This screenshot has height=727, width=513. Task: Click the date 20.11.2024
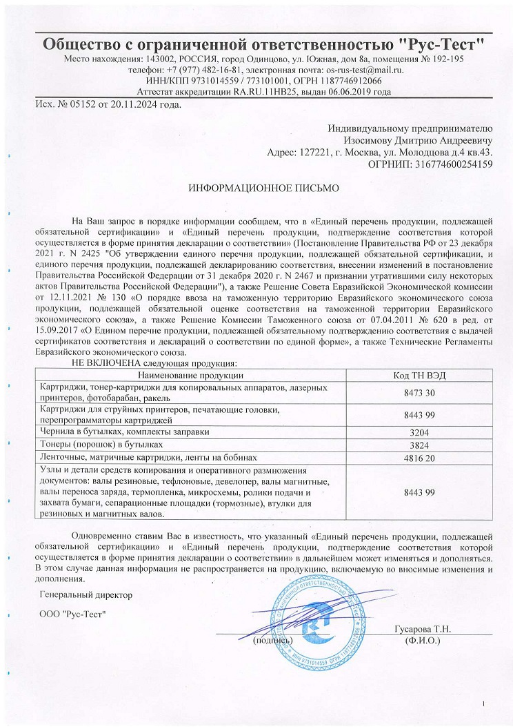click(134, 105)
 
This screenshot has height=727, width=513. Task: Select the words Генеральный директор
click(85, 594)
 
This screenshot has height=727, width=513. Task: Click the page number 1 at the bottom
click(485, 703)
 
